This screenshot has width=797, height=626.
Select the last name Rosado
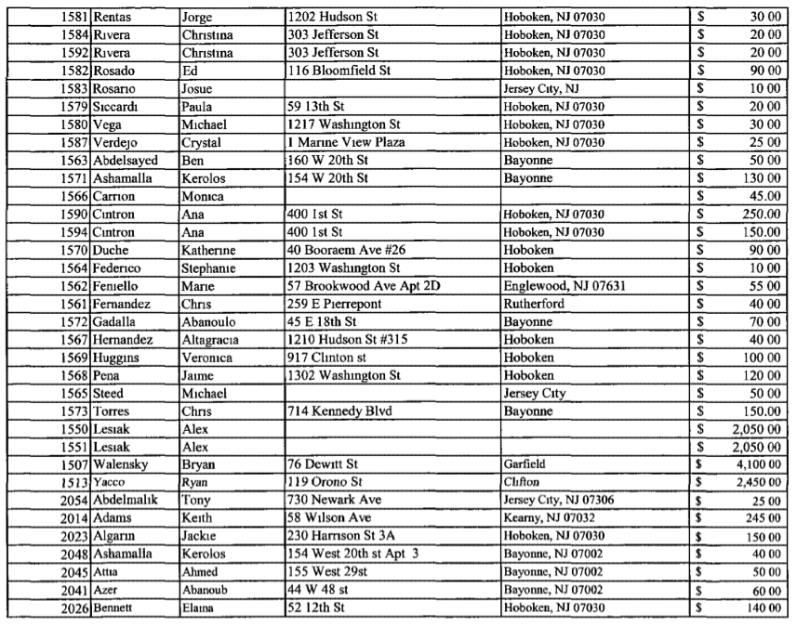coord(114,71)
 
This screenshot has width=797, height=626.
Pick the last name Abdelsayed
coord(128,159)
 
